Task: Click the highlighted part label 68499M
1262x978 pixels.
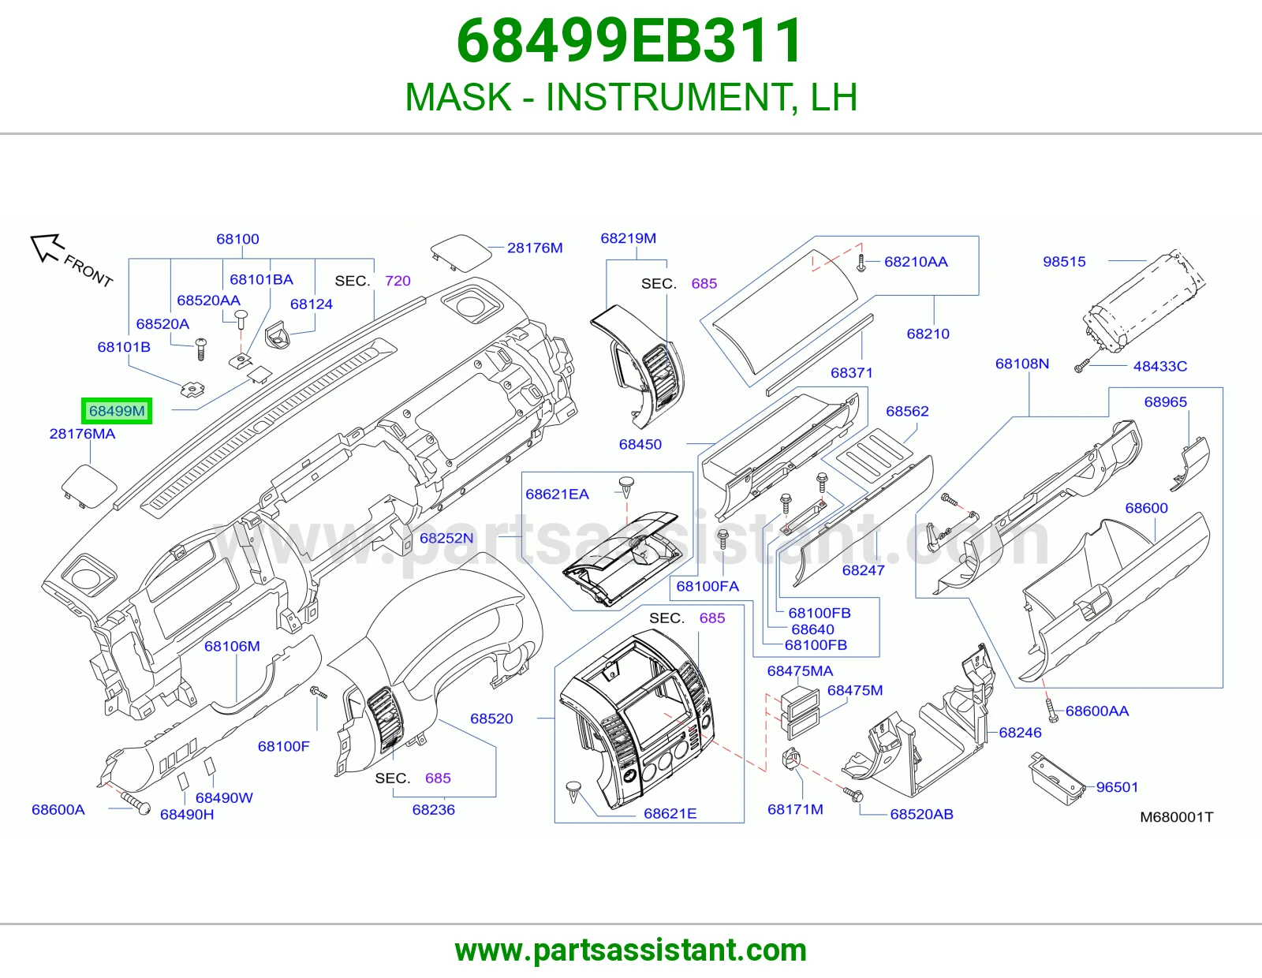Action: (x=117, y=411)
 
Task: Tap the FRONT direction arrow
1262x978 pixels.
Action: (x=46, y=247)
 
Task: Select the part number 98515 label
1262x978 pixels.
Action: (x=1064, y=261)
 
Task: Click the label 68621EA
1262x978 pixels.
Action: (x=557, y=495)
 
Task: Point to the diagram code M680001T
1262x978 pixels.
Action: (x=1177, y=817)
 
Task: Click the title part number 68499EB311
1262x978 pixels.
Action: (x=629, y=41)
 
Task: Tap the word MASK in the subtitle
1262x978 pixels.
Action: (x=458, y=97)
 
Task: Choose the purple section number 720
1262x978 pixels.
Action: (x=398, y=281)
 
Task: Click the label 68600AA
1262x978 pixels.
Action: (x=1097, y=711)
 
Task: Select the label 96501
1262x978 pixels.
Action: (x=1117, y=787)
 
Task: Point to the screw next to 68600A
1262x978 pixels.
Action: (x=135, y=804)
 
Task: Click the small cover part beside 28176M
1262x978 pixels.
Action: (x=461, y=252)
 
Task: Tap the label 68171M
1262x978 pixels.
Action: (x=795, y=809)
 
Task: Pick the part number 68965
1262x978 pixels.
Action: (x=1166, y=402)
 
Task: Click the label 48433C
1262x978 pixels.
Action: (x=1159, y=366)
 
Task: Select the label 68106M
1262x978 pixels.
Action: (x=232, y=647)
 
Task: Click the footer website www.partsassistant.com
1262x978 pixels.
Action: (x=631, y=950)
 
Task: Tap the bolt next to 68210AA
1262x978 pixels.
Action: (x=861, y=263)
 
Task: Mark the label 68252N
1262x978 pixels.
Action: (x=446, y=538)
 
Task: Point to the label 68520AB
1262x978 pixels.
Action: (x=922, y=814)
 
